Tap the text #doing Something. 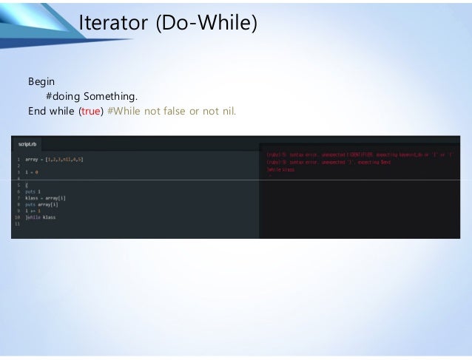92,96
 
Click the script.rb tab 27,144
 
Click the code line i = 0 32,171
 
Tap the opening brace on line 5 27,185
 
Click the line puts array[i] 41,205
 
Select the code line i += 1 33,211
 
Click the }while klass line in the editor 41,217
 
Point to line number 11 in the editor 16,224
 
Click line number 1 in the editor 16,159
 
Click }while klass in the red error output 280,169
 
